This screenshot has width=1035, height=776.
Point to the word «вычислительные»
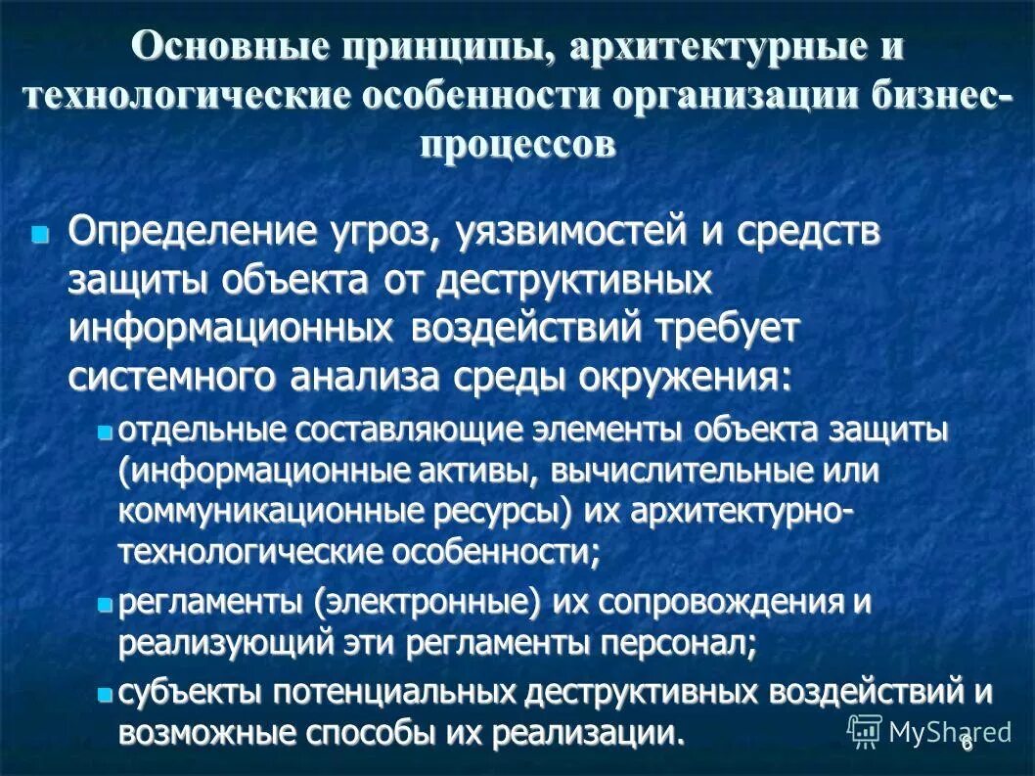673,471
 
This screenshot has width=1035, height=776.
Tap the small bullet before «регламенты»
106,605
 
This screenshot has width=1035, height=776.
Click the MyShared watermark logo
929,730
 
